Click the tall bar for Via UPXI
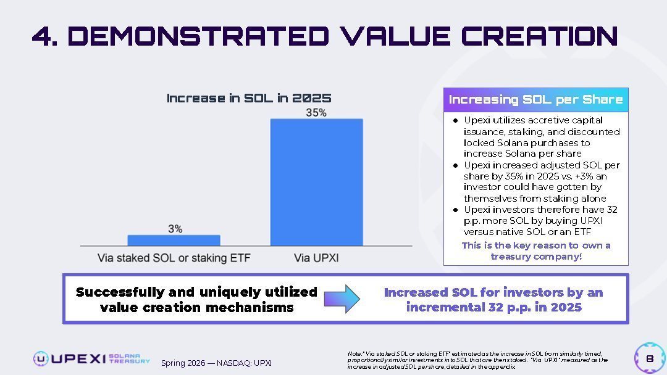pyautogui.click(x=316, y=182)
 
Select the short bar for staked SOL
pyautogui.click(x=174, y=240)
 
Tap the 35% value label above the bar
pyautogui.click(x=316, y=113)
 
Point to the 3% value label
pyautogui.click(x=175, y=229)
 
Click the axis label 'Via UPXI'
pyautogui.click(x=316, y=258)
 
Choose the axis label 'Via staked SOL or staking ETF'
pyautogui.click(x=174, y=258)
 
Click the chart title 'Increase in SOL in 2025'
pyautogui.click(x=249, y=98)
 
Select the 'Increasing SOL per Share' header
pyautogui.click(x=535, y=99)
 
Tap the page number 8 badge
pyautogui.click(x=650, y=358)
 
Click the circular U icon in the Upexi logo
pyautogui.click(x=41, y=358)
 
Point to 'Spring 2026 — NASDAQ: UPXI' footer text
pyautogui.click(x=216, y=363)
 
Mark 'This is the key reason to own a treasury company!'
pyautogui.click(x=535, y=250)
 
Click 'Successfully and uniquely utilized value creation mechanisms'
pyautogui.click(x=196, y=299)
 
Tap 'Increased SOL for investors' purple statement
pyautogui.click(x=493, y=299)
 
